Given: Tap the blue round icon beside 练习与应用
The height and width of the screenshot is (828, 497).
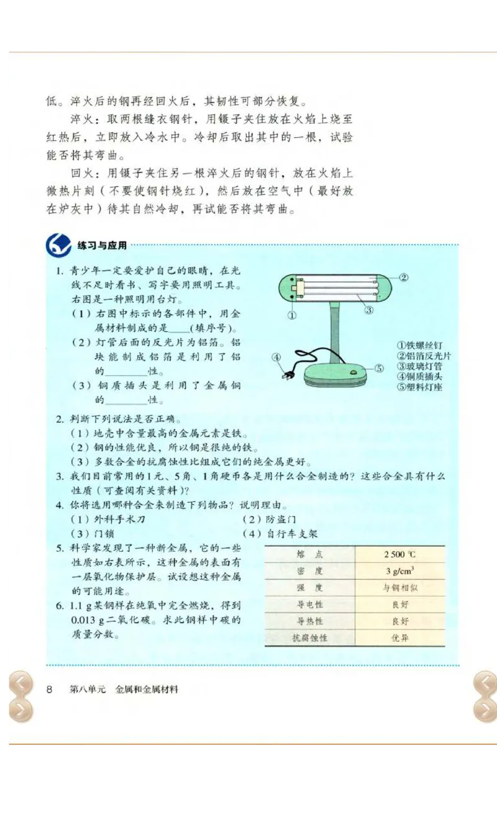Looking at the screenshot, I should click(58, 246).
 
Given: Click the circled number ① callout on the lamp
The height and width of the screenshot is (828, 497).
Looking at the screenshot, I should click(291, 315).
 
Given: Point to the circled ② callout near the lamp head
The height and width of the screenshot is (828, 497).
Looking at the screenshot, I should click(403, 277).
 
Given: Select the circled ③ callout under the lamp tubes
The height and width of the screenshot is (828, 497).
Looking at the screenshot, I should click(368, 310).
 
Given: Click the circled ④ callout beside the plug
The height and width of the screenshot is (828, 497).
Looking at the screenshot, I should click(277, 357).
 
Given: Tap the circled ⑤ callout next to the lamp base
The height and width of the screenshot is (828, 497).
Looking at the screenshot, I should click(379, 368).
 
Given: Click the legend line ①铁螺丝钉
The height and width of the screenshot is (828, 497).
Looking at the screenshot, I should click(420, 346).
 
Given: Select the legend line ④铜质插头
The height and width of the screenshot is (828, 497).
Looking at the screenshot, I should click(420, 376).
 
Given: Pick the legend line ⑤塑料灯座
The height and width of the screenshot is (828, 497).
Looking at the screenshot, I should click(420, 387).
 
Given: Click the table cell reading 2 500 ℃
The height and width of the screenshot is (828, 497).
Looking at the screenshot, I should click(399, 554).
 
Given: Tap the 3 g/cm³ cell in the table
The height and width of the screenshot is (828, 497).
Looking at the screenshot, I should click(399, 571).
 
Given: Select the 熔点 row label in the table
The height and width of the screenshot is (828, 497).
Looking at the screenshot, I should click(309, 554).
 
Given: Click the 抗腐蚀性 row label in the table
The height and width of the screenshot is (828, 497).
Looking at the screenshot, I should click(309, 637).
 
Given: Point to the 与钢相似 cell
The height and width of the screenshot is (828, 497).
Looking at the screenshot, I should click(399, 588).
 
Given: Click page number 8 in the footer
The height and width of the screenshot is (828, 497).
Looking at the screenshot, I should click(50, 690).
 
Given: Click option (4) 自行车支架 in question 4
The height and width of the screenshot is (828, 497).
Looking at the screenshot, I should click(280, 534).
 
